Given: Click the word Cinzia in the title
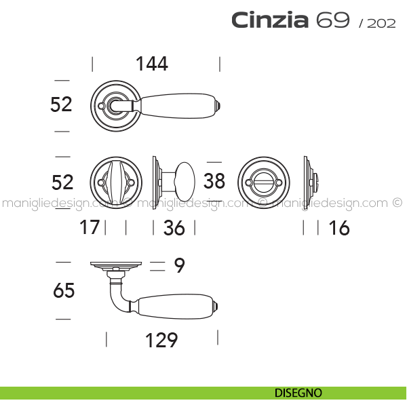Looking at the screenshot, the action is tap(270, 20).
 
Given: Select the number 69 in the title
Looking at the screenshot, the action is tap(333, 20).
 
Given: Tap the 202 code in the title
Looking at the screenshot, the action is tap(381, 23).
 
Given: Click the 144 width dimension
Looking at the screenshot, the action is tap(152, 64).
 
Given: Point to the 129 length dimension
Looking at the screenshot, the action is tap(161, 340).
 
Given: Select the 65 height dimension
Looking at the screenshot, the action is tap(64, 290).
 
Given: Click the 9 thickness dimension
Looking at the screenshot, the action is tap(179, 265).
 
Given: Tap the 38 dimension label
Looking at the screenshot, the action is tap(214, 181).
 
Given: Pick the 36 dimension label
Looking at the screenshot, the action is tap(174, 228).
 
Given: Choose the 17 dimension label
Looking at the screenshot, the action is tap(90, 227).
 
